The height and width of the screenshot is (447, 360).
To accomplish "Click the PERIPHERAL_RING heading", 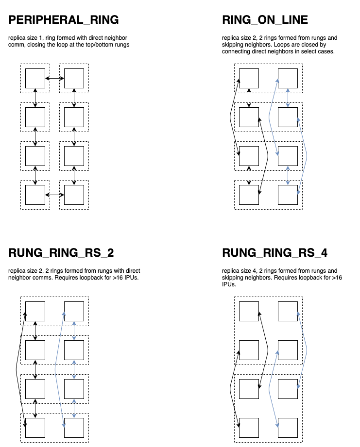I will pos(64,20).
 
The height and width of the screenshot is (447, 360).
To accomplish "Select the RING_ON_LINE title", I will pos(265,20).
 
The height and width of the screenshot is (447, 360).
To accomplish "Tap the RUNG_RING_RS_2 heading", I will pos(61,253).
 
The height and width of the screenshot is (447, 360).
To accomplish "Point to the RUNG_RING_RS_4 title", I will pos(275,253).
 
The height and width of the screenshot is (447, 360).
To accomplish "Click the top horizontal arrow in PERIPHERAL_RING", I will pos(54,78).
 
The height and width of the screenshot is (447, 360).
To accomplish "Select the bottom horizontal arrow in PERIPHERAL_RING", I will pos(54,195).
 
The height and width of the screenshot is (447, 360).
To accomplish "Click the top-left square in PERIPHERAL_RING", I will pos(35,78).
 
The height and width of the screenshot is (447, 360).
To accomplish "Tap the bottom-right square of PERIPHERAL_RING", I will pos(74,195).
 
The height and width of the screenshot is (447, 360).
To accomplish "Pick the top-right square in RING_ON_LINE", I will pos(288,78).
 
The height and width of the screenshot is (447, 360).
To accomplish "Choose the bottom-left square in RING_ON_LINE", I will pos(249,195).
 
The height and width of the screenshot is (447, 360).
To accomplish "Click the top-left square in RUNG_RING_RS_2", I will pos(35,311).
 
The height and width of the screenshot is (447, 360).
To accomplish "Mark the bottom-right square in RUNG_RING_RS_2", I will pos(74,428).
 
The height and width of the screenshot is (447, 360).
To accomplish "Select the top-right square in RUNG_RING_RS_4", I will pos(288,311).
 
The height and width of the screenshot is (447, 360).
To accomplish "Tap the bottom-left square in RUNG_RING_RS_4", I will pos(249,428).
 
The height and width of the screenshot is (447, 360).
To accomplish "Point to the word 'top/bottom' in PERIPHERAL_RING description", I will pos(97,44).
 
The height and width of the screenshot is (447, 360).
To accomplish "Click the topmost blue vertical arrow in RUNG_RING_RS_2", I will pos(74,331).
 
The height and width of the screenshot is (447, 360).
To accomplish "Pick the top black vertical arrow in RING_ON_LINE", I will pos(249,98).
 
